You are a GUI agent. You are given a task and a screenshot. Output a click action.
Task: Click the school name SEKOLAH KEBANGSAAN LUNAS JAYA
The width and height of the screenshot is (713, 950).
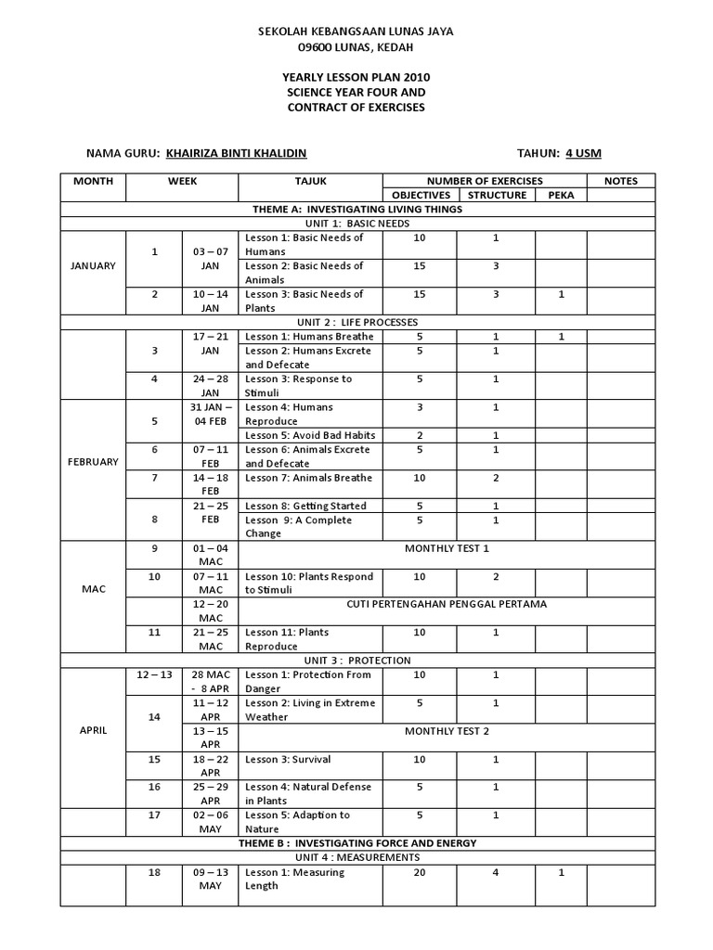pyautogui.click(x=356, y=32)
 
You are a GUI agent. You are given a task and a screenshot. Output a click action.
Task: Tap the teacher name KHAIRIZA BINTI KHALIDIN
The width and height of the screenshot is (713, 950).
pyautogui.click(x=236, y=154)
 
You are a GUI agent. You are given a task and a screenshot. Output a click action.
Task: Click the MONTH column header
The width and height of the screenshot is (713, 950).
pyautogui.click(x=93, y=181)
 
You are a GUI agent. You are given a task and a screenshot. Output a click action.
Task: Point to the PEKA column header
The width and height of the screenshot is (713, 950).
pyautogui.click(x=561, y=195)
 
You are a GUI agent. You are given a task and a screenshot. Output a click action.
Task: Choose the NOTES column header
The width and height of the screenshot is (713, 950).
pyautogui.click(x=620, y=181)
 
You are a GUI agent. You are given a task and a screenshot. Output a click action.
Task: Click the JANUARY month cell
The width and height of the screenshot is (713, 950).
pyautogui.click(x=93, y=266)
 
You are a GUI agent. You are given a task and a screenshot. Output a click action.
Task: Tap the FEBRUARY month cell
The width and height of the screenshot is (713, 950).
pyautogui.click(x=93, y=462)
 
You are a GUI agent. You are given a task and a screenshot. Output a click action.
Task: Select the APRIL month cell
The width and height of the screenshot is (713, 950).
pyautogui.click(x=93, y=730)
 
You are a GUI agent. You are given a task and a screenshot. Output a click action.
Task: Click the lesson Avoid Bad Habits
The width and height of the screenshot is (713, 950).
pyautogui.click(x=294, y=435)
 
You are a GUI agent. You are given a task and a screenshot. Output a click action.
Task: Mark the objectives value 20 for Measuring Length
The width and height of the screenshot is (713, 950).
pyautogui.click(x=421, y=873)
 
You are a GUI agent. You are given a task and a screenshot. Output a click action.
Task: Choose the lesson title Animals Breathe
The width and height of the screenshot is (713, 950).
pyautogui.click(x=295, y=478)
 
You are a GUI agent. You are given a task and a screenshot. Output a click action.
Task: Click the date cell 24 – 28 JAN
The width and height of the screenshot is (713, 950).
pyautogui.click(x=210, y=386)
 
